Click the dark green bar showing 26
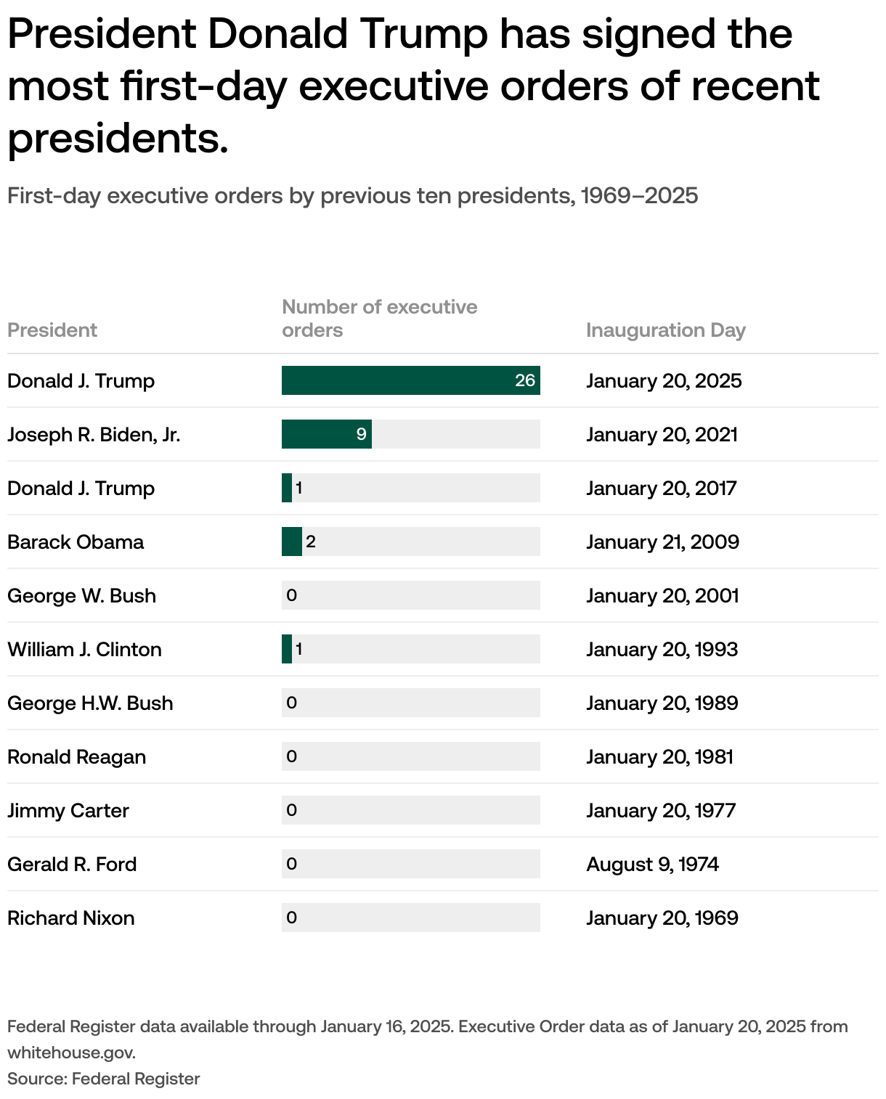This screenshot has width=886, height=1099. coord(410,380)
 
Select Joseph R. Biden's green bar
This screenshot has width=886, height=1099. coord(326,434)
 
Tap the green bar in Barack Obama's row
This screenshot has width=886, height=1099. coord(291,542)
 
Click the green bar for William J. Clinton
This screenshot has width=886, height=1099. coord(287,649)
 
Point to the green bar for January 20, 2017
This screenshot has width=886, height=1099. coord(287,488)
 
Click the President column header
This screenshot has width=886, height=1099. coord(52,330)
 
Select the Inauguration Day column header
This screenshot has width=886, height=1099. coord(665,330)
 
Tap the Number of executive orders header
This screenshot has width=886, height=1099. coord(379,318)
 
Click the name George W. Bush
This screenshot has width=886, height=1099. coord(81,596)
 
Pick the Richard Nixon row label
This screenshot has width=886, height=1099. coord(70,918)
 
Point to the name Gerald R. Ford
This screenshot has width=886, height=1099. coord(72,865)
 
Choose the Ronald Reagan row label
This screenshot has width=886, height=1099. coord(76,757)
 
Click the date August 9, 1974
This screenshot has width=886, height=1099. coord(652,865)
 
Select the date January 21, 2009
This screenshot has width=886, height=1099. coord(662,542)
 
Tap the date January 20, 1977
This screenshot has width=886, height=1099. coord(661,811)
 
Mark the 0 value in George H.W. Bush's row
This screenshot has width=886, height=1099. coord(292,703)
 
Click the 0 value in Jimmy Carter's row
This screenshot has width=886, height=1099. coord(292,810)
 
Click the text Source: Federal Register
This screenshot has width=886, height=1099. coord(103,1079)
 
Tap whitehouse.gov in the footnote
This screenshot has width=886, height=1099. coord(71,1053)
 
